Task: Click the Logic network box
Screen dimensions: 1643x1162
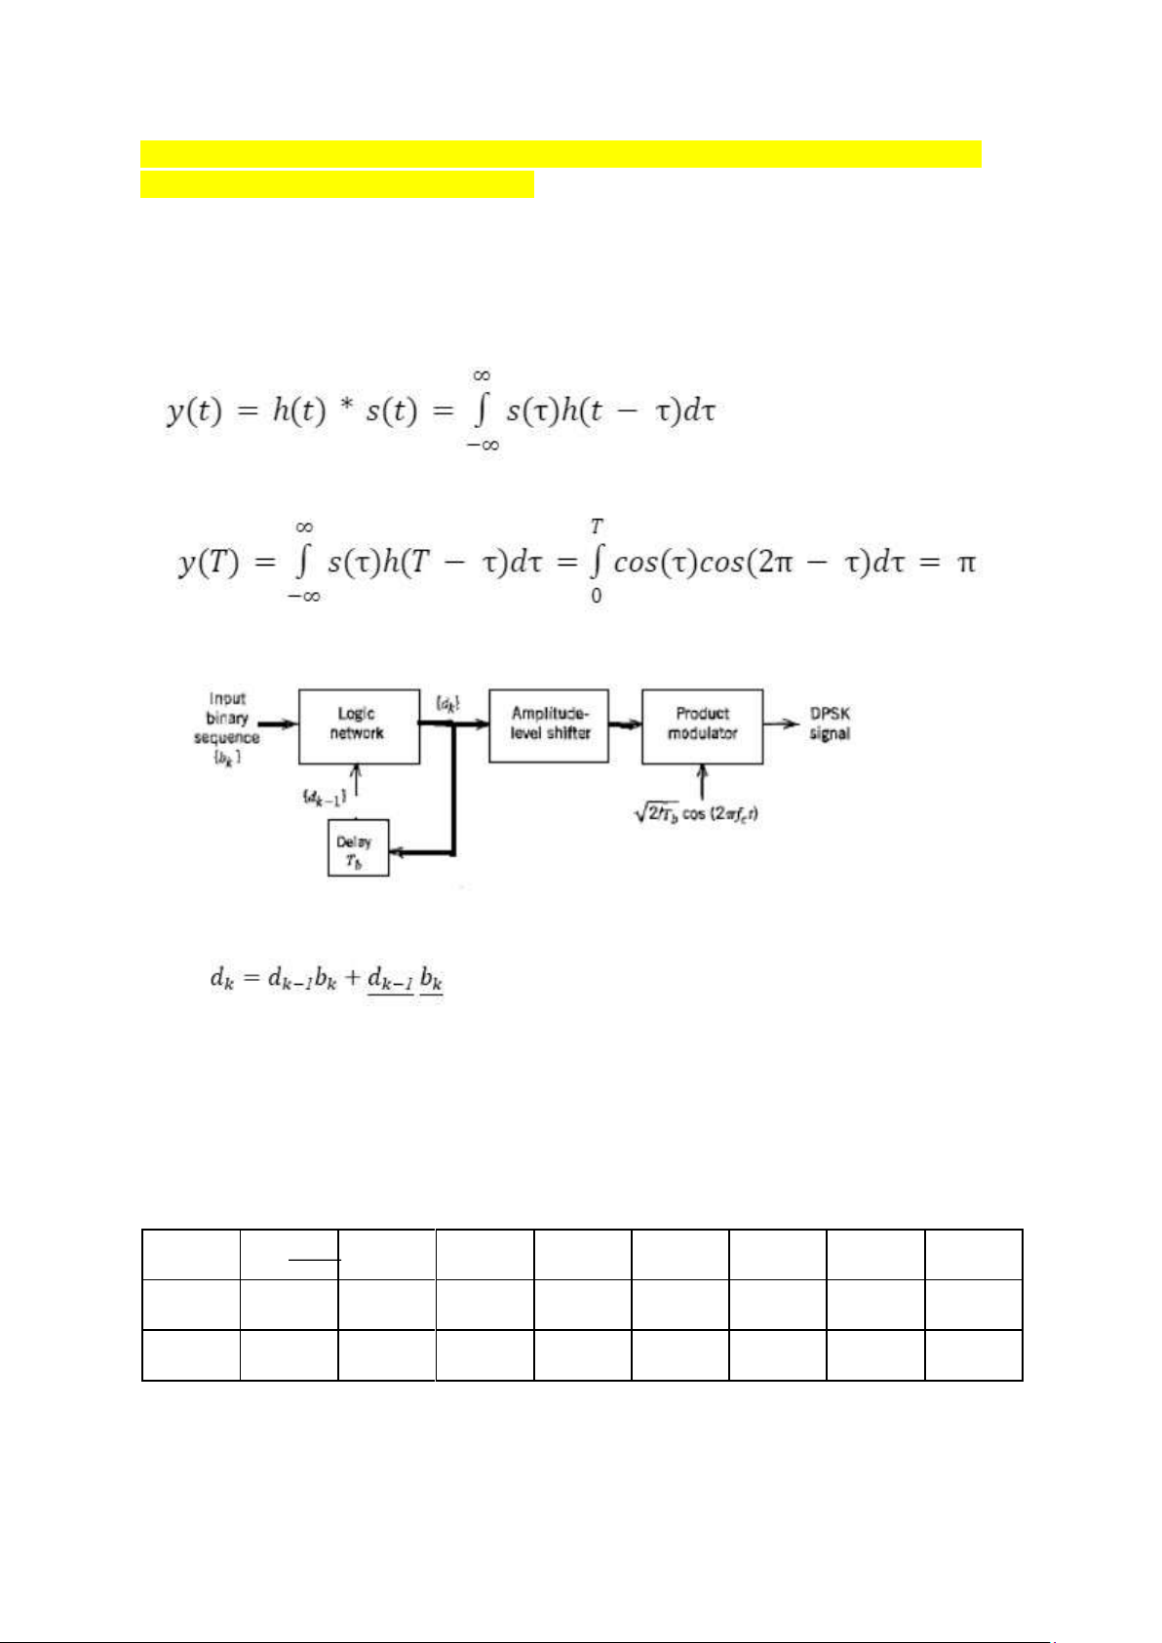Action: (359, 725)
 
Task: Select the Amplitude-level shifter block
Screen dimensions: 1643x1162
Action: (549, 725)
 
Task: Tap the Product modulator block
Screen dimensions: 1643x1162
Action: (702, 725)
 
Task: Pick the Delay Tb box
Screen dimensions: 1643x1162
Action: (358, 848)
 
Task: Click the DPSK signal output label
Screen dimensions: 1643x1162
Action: (830, 724)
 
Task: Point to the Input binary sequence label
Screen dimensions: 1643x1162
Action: (226, 727)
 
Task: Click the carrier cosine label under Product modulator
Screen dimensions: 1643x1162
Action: (697, 812)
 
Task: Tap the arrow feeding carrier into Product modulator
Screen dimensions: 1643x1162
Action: (702, 781)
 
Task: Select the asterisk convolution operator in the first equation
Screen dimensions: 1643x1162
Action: (346, 408)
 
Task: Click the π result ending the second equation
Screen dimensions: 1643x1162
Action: (966, 563)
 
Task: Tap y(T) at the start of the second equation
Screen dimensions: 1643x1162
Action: (209, 563)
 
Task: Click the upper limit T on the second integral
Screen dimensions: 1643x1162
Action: (597, 527)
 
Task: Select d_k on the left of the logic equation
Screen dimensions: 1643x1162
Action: (222, 977)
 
